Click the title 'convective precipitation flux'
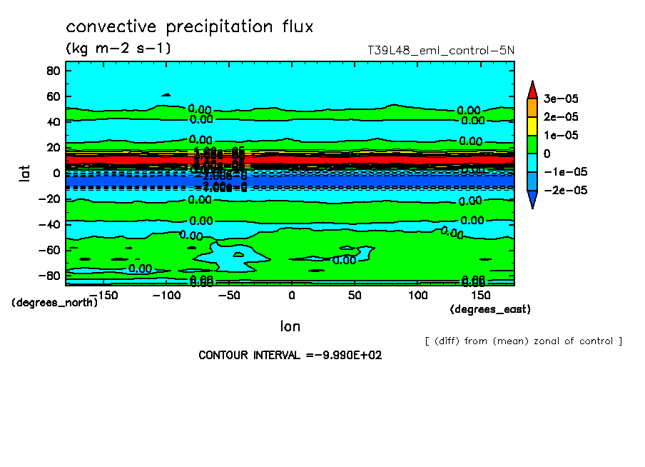click(189, 27)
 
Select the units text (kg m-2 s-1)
click(118, 49)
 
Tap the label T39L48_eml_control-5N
click(440, 50)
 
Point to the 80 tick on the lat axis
click(52, 70)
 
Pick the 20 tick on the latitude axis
click(52, 147)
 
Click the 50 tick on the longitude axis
click(355, 295)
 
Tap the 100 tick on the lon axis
click(417, 295)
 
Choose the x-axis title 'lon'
click(290, 326)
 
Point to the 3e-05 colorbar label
click(562, 98)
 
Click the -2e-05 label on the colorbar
click(564, 190)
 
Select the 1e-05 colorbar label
click(562, 135)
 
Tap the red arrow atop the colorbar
click(532, 89)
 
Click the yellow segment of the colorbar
click(532, 126)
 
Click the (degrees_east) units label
click(490, 309)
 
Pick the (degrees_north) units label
click(55, 302)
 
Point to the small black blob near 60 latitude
click(166, 94)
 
